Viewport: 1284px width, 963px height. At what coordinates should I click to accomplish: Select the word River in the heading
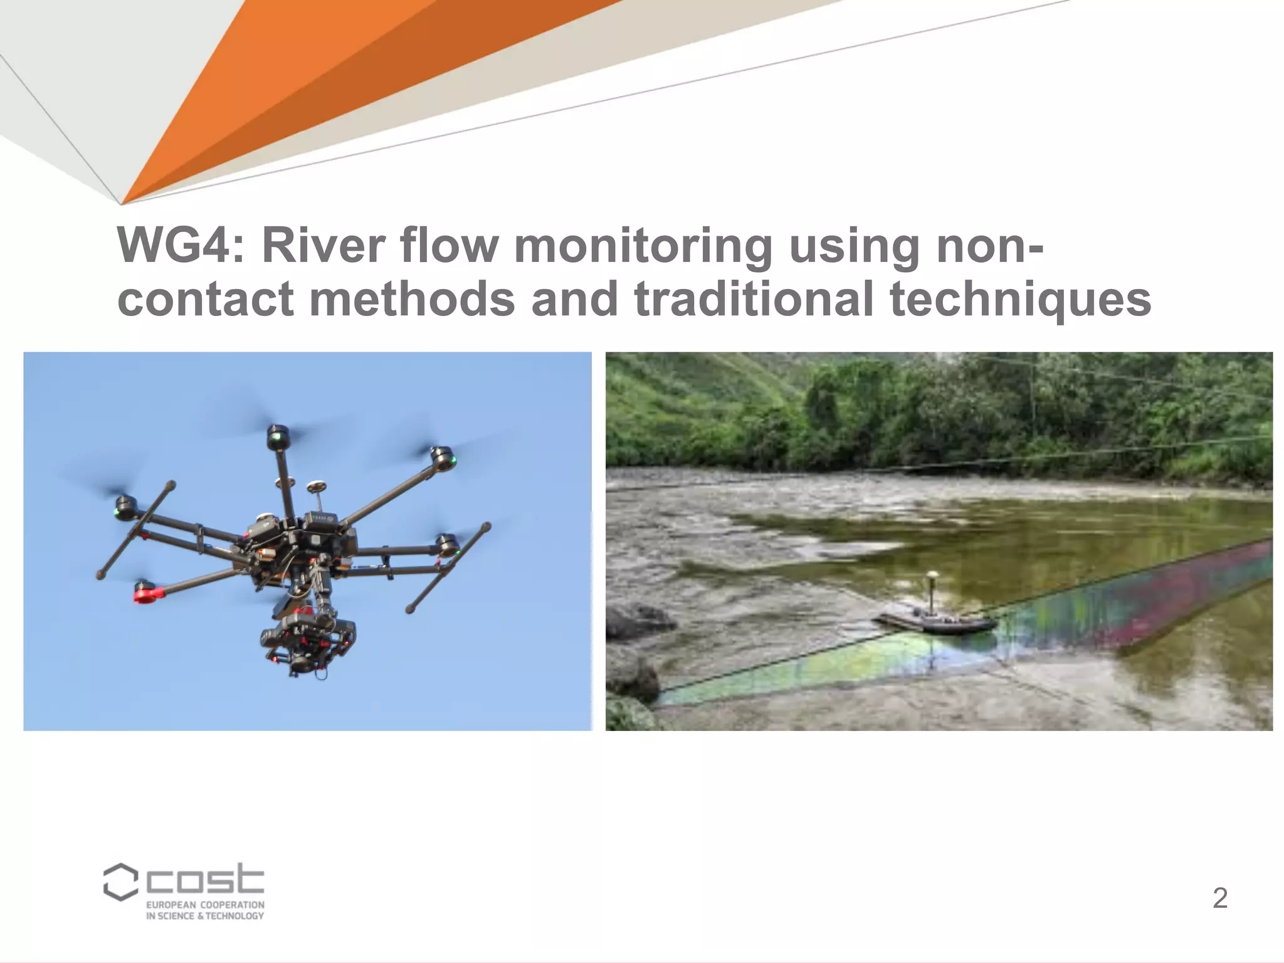(322, 245)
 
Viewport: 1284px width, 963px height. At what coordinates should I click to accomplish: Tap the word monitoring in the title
(643, 246)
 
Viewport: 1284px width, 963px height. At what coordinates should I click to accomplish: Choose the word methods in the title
(412, 299)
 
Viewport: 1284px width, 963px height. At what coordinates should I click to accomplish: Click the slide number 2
(1219, 898)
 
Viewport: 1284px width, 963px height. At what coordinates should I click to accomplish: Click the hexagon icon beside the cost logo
(120, 881)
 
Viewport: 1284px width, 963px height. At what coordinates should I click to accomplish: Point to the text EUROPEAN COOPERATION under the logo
(205, 905)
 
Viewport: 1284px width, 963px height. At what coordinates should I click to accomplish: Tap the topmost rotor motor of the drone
(278, 437)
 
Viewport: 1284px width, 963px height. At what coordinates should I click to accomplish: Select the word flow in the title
(449, 245)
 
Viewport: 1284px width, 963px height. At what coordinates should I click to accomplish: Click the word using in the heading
(855, 246)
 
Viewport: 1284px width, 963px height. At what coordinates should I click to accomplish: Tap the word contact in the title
(205, 299)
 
